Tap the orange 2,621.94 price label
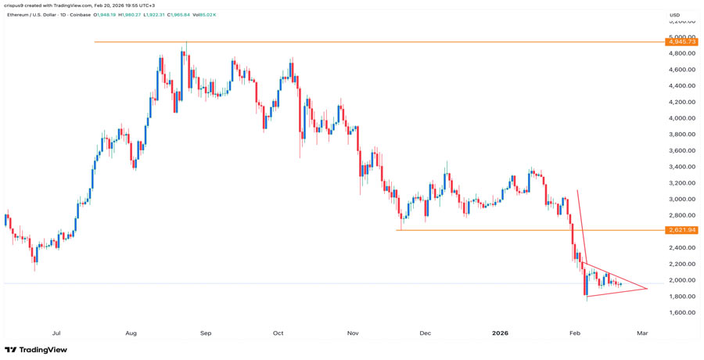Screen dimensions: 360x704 pos(676,230)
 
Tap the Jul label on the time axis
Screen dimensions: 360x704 pos(56,333)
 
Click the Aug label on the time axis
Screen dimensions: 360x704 pos(131,333)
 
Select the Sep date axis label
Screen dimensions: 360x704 pos(206,333)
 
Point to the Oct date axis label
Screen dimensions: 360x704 pos(278,333)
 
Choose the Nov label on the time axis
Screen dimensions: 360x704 pos(353,333)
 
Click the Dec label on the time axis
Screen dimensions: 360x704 pos(425,333)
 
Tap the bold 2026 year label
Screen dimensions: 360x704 pos(500,333)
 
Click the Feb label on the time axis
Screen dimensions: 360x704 pos(575,333)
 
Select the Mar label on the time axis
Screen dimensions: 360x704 pos(642,333)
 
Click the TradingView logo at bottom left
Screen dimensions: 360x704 pos(36,350)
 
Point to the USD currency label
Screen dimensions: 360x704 pos(674,15)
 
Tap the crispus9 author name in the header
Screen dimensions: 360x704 pos(15,5)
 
